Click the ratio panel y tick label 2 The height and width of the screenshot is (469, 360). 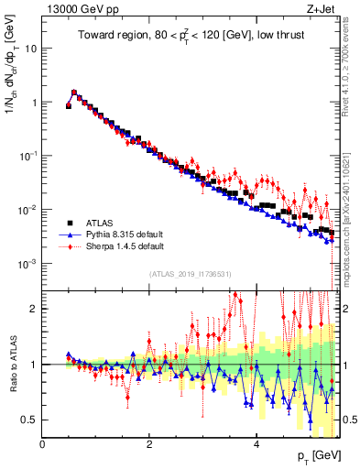34,308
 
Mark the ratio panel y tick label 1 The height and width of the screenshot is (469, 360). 34,364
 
